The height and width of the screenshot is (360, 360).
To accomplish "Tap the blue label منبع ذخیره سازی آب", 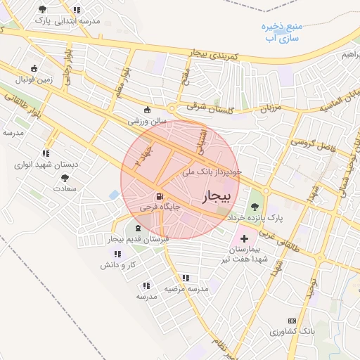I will tap(281, 32).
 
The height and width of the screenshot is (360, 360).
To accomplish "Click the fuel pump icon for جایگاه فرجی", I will tap(161, 196).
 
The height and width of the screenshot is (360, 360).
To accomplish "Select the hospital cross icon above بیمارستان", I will tap(244, 239).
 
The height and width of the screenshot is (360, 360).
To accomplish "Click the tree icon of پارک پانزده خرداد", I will tap(253, 207).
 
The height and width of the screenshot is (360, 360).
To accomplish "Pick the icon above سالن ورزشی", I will tap(147, 110).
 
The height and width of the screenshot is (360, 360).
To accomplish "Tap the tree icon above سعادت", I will tap(65, 178).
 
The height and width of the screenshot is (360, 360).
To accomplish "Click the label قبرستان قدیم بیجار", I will tap(139, 240).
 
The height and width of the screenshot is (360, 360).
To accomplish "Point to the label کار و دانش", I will tap(117, 265).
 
